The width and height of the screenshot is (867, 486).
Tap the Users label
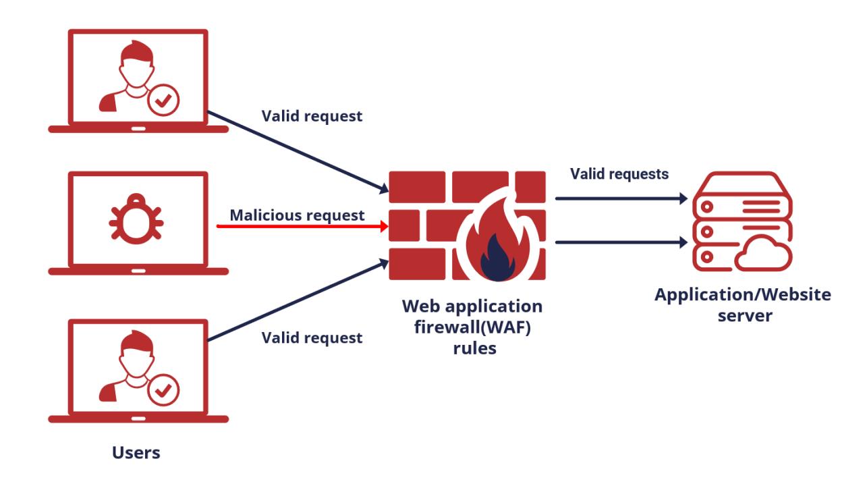[x=136, y=452]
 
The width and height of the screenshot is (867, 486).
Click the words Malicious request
[x=298, y=215]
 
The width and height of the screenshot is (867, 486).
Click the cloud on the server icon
[x=763, y=256]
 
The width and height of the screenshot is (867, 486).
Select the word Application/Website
[x=743, y=295]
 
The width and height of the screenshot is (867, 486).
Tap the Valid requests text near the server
[x=619, y=174]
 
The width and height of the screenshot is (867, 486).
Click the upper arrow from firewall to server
[x=621, y=199]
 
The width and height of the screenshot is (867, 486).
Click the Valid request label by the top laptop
[x=312, y=116]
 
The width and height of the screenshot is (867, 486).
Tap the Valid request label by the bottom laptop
[x=312, y=337]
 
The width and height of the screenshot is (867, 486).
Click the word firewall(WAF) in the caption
[x=472, y=327]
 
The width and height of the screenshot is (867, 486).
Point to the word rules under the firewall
[x=472, y=349]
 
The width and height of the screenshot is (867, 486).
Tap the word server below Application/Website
[x=743, y=316]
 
